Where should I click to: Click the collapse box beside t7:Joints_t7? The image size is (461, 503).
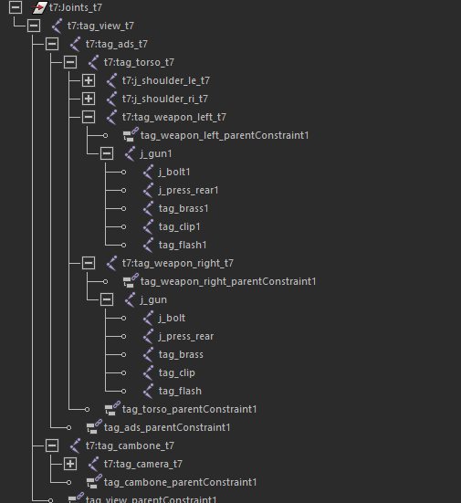click(x=16, y=7)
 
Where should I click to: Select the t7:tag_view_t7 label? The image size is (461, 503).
click(x=100, y=26)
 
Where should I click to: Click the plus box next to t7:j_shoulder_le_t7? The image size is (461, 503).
click(x=89, y=80)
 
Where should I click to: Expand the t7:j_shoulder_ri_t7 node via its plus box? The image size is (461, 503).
click(x=89, y=99)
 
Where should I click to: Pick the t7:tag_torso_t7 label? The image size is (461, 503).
click(x=139, y=62)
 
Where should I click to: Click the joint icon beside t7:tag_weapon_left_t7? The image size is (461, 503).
click(x=111, y=117)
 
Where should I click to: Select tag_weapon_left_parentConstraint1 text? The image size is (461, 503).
click(x=225, y=135)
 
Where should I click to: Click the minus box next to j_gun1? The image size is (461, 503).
click(x=107, y=153)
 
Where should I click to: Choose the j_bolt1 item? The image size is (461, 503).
click(x=174, y=172)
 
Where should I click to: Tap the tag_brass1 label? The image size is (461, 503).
click(x=183, y=208)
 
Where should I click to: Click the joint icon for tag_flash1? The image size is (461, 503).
click(x=148, y=245)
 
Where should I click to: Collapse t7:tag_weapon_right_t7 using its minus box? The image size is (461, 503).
click(x=89, y=264)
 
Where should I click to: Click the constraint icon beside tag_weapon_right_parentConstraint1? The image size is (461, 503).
click(x=131, y=280)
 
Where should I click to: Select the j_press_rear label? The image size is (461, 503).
click(x=186, y=336)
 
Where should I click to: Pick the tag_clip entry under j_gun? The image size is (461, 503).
click(x=177, y=372)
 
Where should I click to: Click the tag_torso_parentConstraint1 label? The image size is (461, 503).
click(x=190, y=409)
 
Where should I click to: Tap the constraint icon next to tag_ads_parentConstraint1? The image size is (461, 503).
click(x=94, y=426)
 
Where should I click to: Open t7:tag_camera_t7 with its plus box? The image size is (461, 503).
click(x=70, y=464)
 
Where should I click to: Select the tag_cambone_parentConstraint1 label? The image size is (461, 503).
click(x=181, y=482)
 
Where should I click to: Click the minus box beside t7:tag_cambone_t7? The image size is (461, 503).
click(x=52, y=445)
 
